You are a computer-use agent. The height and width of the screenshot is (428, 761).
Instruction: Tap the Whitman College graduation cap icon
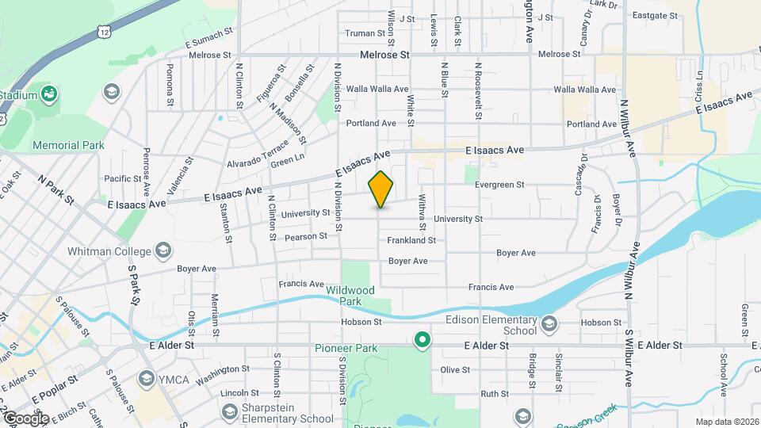click(x=163, y=251)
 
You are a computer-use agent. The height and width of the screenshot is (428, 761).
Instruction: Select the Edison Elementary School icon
click(x=549, y=323)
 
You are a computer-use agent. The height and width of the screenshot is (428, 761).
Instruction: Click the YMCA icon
click(x=146, y=379)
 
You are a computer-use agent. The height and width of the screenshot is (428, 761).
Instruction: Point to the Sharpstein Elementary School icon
click(x=230, y=412)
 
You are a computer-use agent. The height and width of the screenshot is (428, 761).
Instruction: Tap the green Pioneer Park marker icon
click(x=423, y=341)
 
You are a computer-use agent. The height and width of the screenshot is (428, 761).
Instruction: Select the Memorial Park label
click(x=68, y=146)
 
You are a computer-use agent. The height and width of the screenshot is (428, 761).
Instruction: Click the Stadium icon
click(x=49, y=94)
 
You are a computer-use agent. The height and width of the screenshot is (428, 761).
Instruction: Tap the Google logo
click(x=25, y=418)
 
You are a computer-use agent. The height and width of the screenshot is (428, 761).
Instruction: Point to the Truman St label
click(x=364, y=33)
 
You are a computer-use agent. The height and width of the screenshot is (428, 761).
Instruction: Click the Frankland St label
click(x=411, y=239)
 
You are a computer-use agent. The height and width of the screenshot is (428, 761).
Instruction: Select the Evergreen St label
click(x=499, y=185)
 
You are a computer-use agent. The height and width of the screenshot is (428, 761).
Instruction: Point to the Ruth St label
click(x=495, y=393)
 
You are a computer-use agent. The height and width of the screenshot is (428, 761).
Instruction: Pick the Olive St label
click(x=455, y=370)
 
